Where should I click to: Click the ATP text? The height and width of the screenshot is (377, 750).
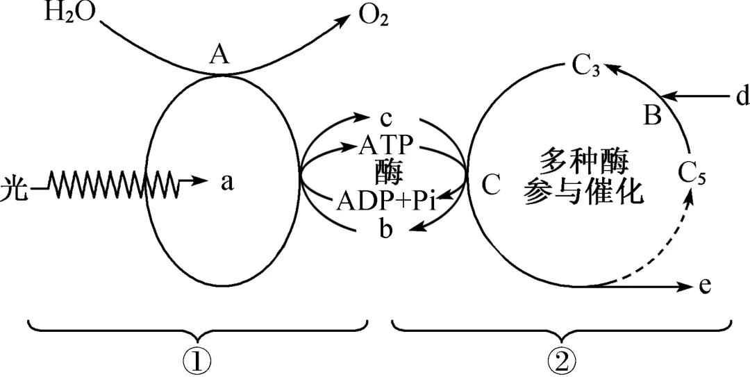click(387, 146)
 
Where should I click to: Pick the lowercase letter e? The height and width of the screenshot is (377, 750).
click(706, 286)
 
